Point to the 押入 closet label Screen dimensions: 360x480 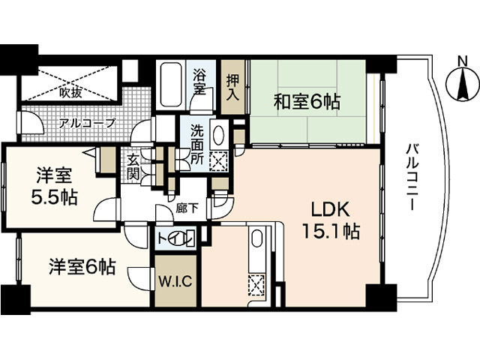233,88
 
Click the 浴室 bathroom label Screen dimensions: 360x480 199,82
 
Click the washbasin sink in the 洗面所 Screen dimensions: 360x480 217,136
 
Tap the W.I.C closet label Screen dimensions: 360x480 176,283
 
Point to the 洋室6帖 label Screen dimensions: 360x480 82,266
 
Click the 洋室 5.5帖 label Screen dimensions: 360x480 55,187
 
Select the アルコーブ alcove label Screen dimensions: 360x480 87,122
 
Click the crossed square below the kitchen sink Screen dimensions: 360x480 256,285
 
